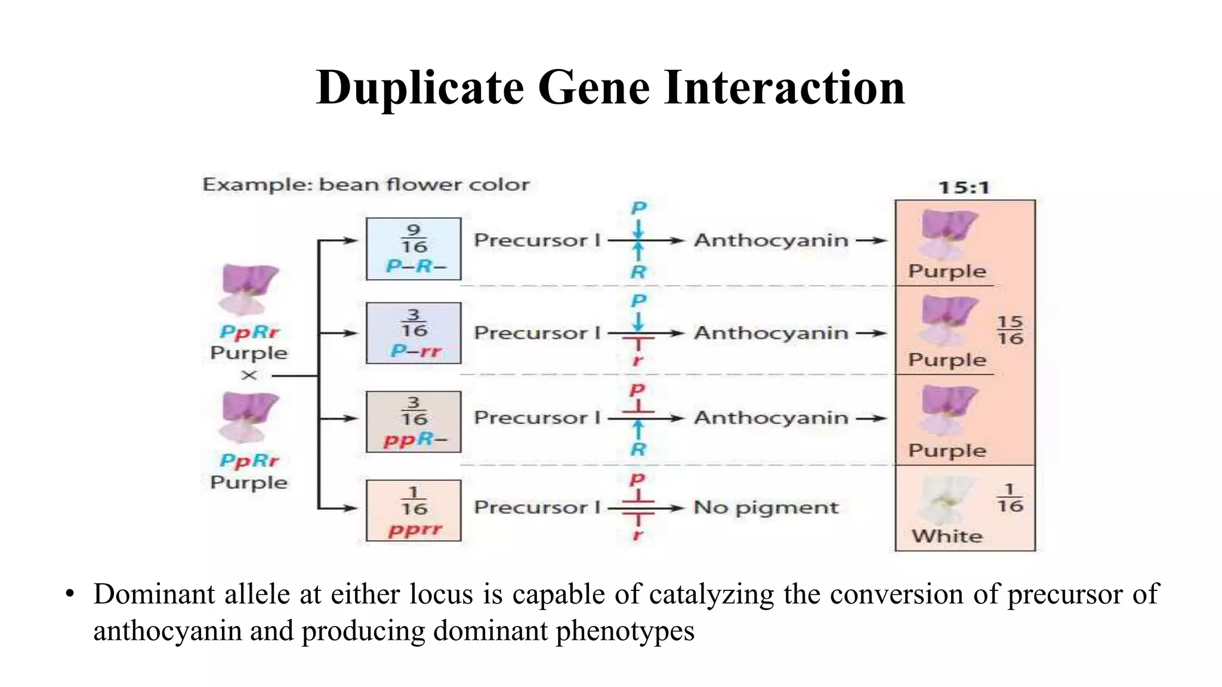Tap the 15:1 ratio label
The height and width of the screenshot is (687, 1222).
964,188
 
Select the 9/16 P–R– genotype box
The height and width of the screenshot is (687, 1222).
413,249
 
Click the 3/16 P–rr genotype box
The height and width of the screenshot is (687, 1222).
413,333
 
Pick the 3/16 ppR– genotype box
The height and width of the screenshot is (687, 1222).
413,422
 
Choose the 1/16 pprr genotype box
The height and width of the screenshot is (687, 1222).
413,510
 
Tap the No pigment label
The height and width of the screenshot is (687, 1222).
766,507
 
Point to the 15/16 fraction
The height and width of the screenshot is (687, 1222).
1010,330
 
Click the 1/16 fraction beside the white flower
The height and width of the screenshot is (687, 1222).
1010,499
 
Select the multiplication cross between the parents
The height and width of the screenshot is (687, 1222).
249,376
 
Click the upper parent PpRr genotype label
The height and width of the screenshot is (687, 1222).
249,332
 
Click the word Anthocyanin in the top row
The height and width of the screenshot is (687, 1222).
770,240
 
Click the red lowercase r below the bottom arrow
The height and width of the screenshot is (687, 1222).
638,535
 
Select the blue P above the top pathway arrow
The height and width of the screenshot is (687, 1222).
638,208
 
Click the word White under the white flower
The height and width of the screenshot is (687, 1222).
947,536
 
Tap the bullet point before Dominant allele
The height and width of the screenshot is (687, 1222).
70,594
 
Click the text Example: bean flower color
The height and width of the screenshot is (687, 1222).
366,185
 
